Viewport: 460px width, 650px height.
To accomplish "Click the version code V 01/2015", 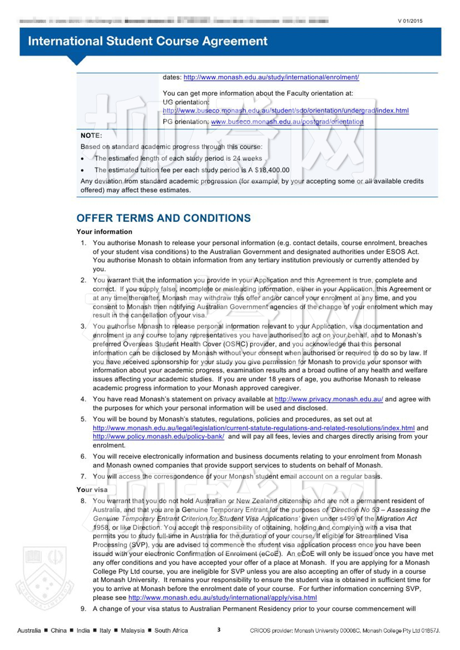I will click(410, 21).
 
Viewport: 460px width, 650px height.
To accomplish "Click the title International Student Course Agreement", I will click(148, 41).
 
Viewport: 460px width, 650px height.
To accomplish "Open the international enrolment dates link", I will click(271, 78).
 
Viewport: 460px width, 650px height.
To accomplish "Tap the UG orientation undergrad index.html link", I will click(286, 111).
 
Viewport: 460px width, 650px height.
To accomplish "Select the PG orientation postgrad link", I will click(287, 122).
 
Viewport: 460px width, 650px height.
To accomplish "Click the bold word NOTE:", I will click(91, 136).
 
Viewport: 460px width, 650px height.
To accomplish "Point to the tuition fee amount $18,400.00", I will click(272, 170).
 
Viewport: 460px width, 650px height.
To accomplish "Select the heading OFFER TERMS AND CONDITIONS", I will click(163, 218).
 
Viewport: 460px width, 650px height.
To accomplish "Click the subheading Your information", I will click(104, 232).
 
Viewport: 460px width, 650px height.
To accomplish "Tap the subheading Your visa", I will click(92, 490).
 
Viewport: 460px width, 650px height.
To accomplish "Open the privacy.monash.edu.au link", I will click(329, 399).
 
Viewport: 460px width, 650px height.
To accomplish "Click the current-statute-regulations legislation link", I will click(253, 428).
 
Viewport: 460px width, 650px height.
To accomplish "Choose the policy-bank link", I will click(158, 437).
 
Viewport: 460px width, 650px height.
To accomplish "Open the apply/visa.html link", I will click(222, 598).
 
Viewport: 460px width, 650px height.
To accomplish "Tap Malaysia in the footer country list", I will click(132, 631).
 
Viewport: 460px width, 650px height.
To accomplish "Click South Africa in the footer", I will click(171, 631).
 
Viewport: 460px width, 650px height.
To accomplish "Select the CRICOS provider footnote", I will click(344, 631).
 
